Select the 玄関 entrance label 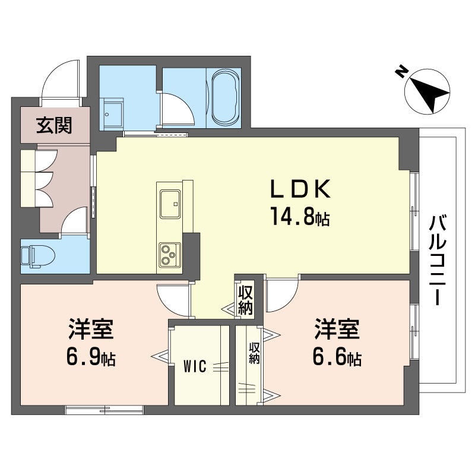click(54, 125)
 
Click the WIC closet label click(194, 366)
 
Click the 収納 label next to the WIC click(254, 355)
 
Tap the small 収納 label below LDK click(245, 299)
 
